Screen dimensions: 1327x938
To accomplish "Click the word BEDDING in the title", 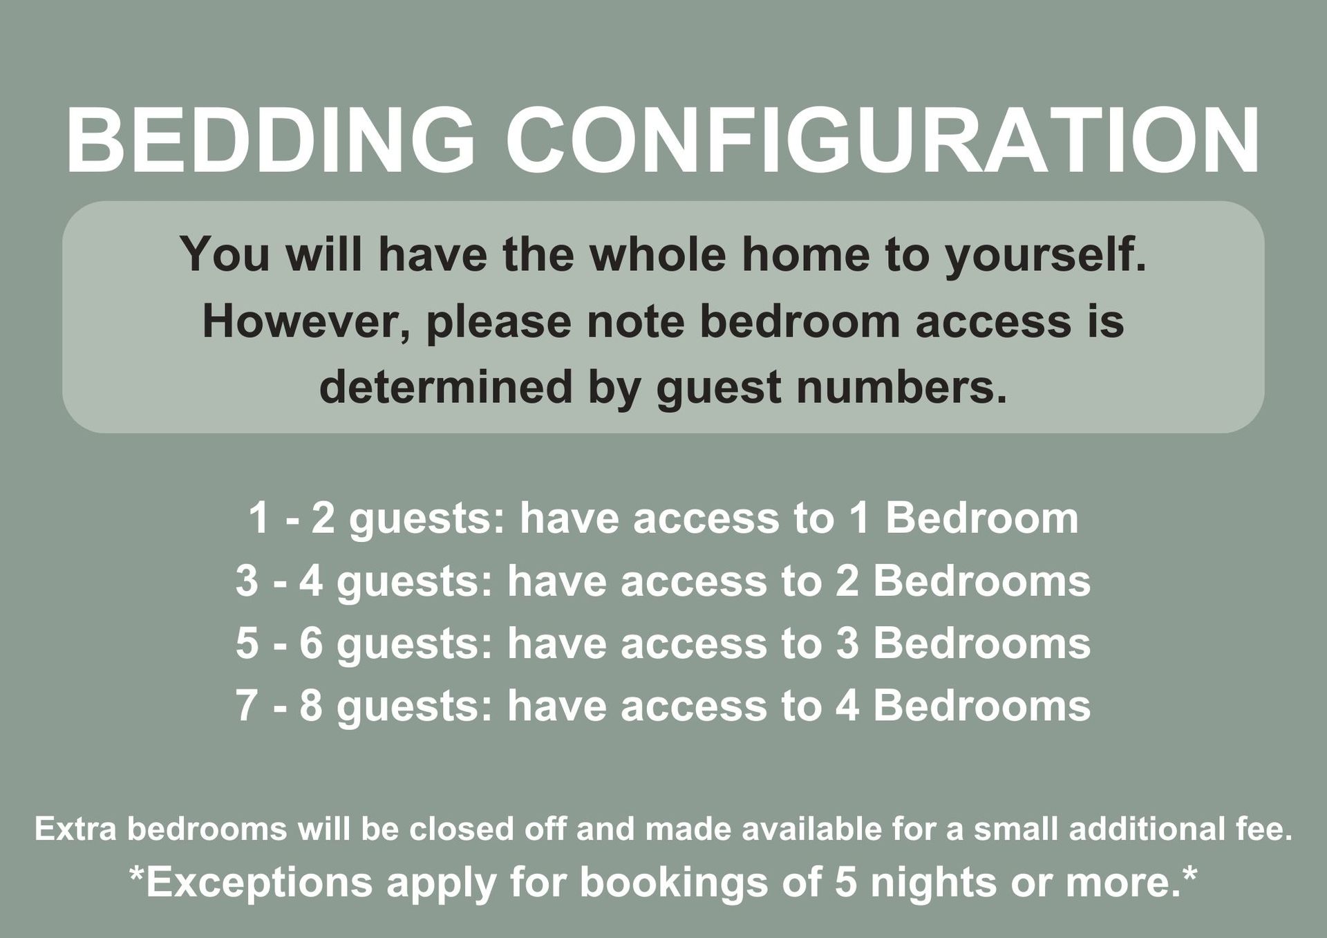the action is pyautogui.click(x=271, y=140).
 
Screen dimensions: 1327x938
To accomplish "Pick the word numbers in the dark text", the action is pyautogui.click(x=901, y=386).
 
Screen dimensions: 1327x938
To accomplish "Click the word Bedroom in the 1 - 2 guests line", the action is pyautogui.click(x=981, y=518).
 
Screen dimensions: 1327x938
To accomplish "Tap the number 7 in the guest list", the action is pyautogui.click(x=247, y=706).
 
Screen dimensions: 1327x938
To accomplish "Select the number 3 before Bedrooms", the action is pyautogui.click(x=847, y=644).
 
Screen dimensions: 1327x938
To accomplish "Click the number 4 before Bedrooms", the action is pyautogui.click(x=847, y=706).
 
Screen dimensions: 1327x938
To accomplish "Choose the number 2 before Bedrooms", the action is pyautogui.click(x=847, y=581).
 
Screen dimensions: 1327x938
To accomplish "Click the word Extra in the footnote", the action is pyautogui.click(x=75, y=829).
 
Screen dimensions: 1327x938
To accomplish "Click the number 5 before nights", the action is pyautogui.click(x=846, y=883).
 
